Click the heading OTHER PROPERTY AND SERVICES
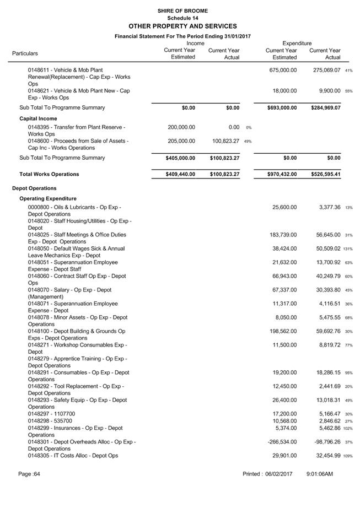click(x=182, y=26)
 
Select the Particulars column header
click(x=25, y=53)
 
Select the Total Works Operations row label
click(x=49, y=174)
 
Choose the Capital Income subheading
click(x=38, y=118)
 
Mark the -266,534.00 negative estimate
click(x=281, y=442)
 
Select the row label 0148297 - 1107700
click(x=52, y=414)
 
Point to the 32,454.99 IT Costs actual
click(x=325, y=456)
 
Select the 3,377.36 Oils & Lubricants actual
click(x=326, y=207)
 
